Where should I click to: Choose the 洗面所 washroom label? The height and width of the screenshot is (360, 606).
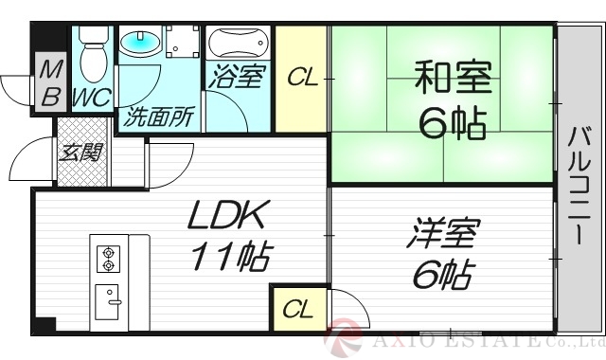click(x=159, y=118)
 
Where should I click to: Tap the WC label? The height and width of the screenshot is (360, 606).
click(x=92, y=96)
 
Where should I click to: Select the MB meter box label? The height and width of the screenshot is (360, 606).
click(x=49, y=82)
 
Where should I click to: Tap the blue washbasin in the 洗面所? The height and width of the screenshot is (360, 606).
click(x=142, y=43)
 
